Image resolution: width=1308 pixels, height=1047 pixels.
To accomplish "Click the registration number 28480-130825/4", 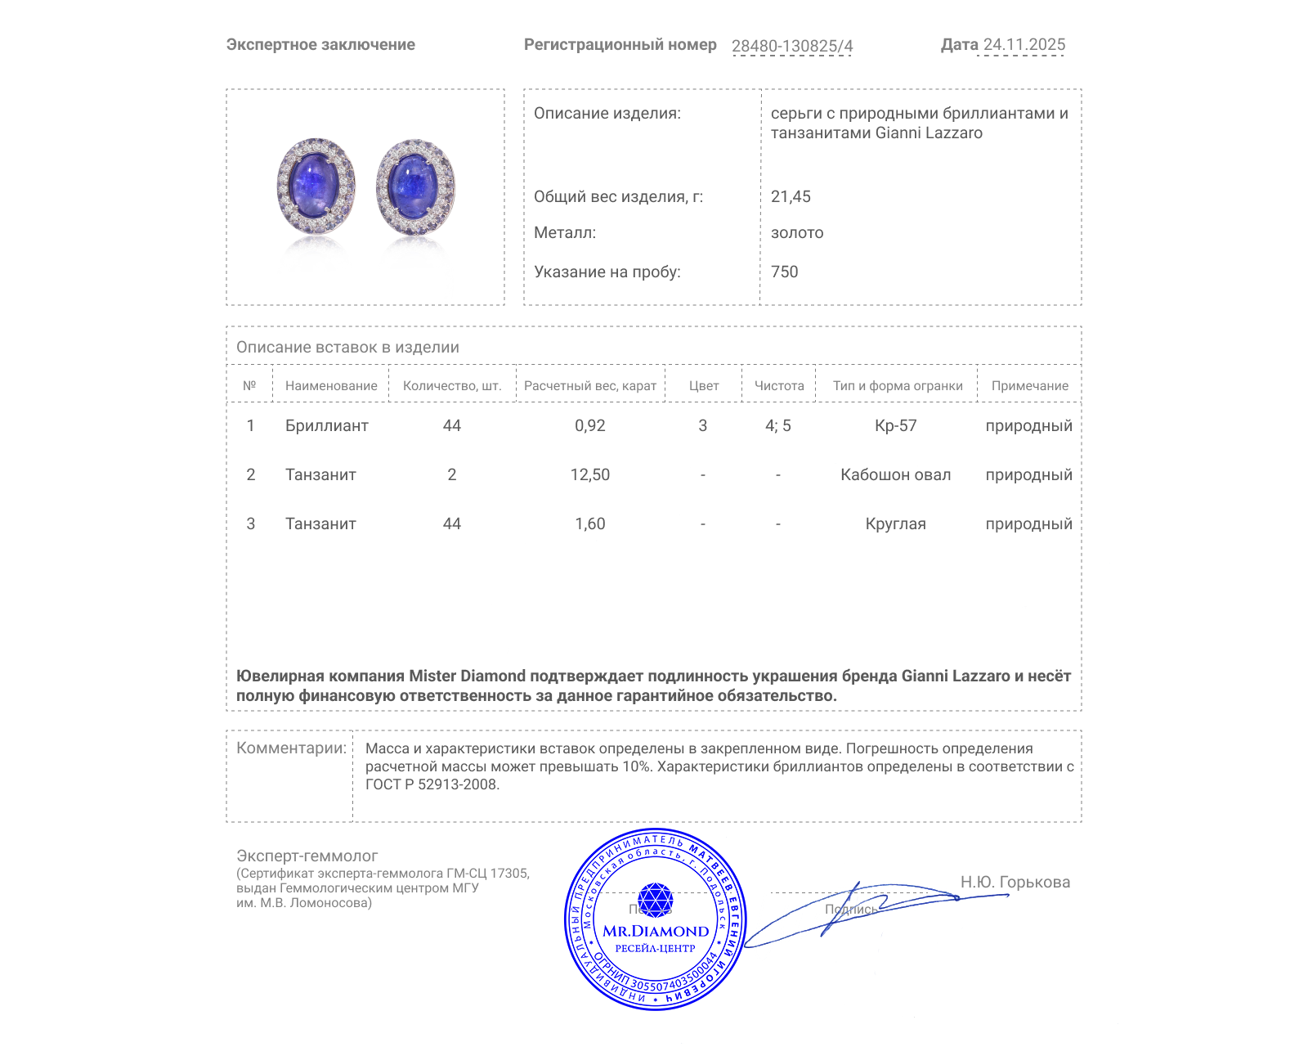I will [791, 46].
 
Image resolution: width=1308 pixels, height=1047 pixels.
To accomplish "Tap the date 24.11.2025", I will [1024, 45].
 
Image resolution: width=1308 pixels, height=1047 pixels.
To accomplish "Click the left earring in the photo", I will [316, 186].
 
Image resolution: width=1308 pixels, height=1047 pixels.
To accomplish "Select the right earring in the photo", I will [415, 187].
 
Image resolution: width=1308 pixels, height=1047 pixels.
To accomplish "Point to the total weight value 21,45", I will [791, 196].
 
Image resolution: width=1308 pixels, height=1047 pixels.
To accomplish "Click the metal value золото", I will [797, 232].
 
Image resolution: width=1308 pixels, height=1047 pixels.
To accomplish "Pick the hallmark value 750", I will [784, 272].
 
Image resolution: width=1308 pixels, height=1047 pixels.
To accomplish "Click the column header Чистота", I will [778, 385].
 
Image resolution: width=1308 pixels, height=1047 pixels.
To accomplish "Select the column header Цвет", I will [703, 385].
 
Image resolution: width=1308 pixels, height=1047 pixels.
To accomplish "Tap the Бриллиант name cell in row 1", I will [326, 425].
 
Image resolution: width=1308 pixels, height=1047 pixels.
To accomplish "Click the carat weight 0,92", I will [589, 425].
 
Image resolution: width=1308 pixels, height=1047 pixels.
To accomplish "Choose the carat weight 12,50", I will [589, 474].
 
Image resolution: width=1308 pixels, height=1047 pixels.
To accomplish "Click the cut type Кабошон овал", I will [895, 474].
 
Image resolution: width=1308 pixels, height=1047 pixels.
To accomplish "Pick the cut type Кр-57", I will [895, 425].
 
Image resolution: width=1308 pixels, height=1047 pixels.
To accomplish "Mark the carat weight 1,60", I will [589, 523].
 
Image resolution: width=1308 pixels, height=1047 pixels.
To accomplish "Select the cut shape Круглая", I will [895, 523].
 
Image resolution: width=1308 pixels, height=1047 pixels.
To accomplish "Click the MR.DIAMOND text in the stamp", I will [656, 931].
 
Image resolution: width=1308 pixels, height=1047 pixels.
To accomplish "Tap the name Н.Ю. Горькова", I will [1015, 882].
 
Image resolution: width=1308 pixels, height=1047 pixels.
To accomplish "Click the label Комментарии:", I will [291, 748].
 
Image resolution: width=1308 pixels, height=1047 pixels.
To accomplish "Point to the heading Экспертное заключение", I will [320, 45].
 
